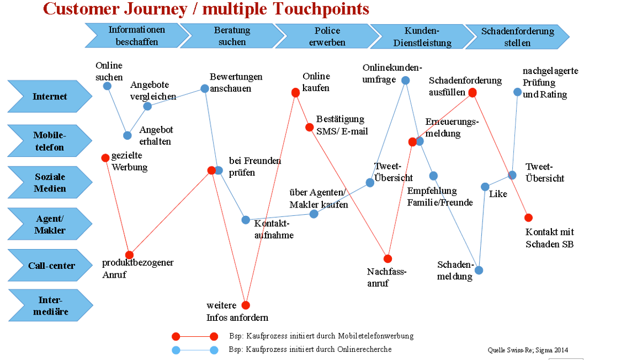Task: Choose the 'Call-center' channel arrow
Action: [50, 266]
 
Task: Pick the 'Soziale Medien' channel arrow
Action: [50, 183]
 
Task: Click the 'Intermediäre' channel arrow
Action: [50, 306]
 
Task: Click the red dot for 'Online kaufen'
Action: [295, 92]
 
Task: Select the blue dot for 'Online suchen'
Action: [107, 86]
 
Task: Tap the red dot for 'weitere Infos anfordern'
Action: [246, 305]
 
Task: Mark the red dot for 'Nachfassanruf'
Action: [388, 258]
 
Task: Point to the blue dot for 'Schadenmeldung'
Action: [479, 270]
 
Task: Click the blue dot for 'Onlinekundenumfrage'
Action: [405, 80]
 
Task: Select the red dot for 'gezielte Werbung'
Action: [105, 157]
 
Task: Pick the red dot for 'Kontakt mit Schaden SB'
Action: [528, 218]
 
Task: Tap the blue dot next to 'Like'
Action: [485, 187]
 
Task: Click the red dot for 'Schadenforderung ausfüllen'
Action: [473, 92]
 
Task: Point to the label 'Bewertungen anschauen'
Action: [236, 82]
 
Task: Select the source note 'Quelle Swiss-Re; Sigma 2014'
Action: [527, 350]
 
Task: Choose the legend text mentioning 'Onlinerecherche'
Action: [310, 350]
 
